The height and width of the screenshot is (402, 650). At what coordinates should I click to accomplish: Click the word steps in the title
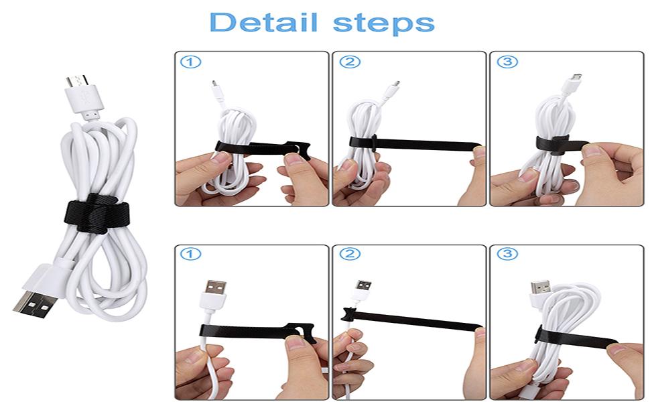[x=383, y=23]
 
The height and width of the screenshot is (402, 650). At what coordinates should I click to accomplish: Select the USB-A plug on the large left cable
[x=32, y=292]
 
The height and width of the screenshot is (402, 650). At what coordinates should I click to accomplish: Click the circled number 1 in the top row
[x=191, y=62]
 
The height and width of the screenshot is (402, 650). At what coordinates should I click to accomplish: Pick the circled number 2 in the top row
[x=349, y=62]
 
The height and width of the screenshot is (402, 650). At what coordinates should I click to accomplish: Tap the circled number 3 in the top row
[x=507, y=62]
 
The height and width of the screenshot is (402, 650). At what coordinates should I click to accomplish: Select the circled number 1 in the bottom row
[x=191, y=255]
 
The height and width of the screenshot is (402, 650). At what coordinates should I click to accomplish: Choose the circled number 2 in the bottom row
[x=349, y=255]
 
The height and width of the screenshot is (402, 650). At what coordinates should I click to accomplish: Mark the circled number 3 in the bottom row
[x=507, y=255]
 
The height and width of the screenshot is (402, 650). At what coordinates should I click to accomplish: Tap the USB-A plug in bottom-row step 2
[x=363, y=289]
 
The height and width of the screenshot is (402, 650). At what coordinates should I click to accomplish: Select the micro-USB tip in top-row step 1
[x=214, y=86]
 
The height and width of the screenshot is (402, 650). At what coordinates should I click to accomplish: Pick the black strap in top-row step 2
[x=415, y=143]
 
